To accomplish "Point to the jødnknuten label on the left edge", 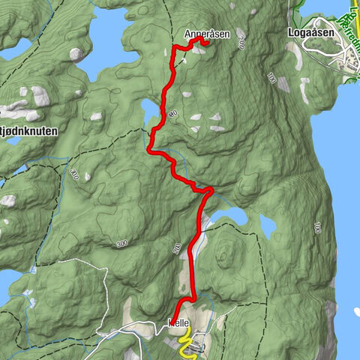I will pos(29,130).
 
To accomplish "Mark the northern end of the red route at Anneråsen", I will pos(204,43).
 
